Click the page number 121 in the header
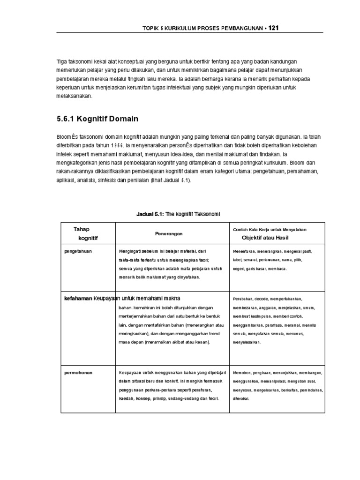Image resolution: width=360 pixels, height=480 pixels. [x=273, y=28]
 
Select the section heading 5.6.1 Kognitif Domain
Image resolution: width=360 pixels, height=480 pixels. [x=97, y=119]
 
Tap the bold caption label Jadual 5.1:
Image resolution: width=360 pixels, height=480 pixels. [x=149, y=214]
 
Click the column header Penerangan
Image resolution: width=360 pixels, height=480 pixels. [x=169, y=233]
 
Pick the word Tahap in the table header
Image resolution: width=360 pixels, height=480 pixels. [x=81, y=229]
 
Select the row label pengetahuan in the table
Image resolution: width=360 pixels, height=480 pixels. [x=78, y=251]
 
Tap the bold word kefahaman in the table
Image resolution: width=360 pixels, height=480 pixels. [x=78, y=298]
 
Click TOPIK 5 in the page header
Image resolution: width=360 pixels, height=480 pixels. [x=154, y=29]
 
